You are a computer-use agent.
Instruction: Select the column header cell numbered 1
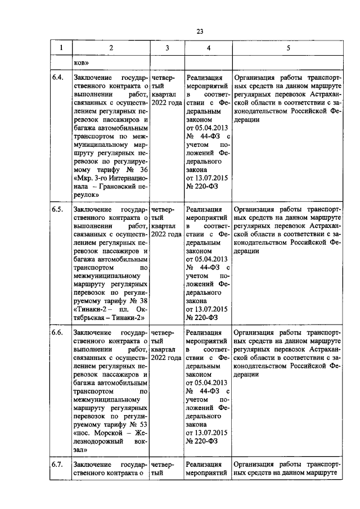click(x=61, y=48)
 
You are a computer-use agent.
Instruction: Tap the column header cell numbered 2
click(x=110, y=48)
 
